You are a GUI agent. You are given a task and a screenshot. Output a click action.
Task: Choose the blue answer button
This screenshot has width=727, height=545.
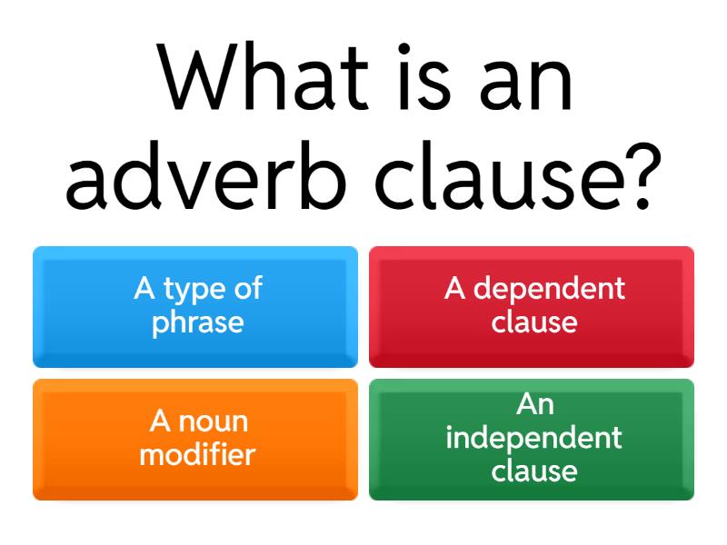tap(195, 307)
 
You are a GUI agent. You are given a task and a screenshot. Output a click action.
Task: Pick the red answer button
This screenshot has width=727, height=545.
tap(532, 307)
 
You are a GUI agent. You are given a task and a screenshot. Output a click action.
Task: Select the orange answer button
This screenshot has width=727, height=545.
tap(195, 440)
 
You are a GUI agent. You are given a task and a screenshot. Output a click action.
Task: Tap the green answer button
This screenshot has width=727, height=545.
tap(532, 440)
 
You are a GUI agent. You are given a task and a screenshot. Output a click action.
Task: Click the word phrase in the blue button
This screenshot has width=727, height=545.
tap(197, 322)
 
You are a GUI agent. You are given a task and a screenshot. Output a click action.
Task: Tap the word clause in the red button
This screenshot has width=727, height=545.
tap(534, 322)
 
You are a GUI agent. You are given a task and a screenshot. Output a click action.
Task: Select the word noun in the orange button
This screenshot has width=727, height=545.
tap(213, 421)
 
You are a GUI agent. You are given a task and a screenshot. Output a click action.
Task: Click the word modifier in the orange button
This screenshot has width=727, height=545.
tap(197, 454)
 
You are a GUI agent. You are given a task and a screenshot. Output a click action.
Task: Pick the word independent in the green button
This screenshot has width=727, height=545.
tap(534, 438)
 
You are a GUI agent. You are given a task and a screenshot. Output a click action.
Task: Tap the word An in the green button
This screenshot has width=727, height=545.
tap(534, 404)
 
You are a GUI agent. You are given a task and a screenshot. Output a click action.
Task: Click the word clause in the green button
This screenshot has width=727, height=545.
tap(534, 471)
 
